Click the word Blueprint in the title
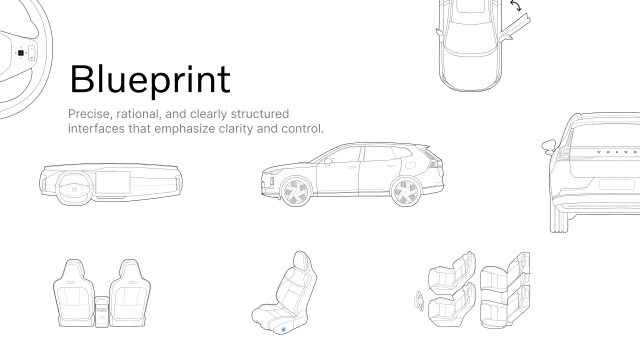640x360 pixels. point(149,79)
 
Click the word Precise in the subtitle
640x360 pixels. point(89,114)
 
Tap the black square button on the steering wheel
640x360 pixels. point(21,52)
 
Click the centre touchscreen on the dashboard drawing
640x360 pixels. point(113,182)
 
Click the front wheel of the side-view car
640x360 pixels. point(295,191)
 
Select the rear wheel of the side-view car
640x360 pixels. point(405,191)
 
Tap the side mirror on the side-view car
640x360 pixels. point(327,162)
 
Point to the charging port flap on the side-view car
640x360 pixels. point(410,164)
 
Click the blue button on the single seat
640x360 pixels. point(283,329)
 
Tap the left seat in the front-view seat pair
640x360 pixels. point(73,294)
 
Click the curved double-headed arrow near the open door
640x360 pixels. point(515,6)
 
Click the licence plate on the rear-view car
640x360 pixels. point(616,184)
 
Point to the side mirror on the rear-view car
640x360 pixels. point(549,145)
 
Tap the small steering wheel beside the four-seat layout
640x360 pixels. point(419,300)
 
